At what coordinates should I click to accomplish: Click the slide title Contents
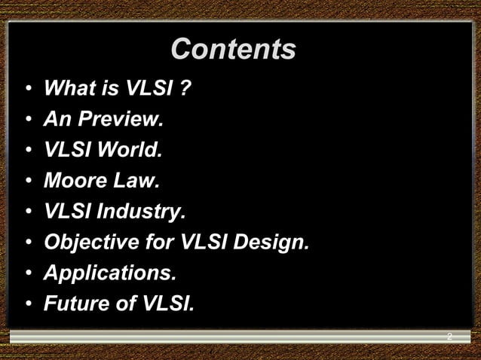(x=233, y=50)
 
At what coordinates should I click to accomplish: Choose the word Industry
(x=139, y=212)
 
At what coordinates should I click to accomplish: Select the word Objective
(x=91, y=243)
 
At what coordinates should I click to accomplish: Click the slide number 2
(x=449, y=337)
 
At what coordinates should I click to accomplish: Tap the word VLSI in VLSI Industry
(x=69, y=212)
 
